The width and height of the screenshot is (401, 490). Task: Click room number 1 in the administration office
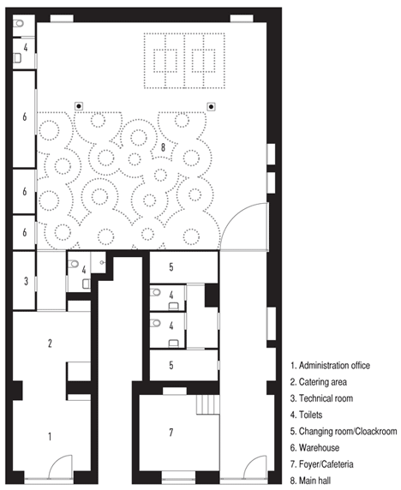click(50, 437)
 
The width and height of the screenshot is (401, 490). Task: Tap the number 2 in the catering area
click(50, 344)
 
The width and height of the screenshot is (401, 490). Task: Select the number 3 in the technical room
click(26, 281)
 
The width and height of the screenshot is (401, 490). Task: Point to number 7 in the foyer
click(171, 433)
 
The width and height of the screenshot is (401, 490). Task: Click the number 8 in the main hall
click(163, 147)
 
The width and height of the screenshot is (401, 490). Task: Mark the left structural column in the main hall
click(79, 106)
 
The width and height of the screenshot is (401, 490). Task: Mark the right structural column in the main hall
click(212, 107)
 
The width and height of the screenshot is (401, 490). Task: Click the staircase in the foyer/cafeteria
click(207, 404)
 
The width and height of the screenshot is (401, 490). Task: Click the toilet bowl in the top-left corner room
click(19, 23)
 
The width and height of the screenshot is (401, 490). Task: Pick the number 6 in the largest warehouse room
click(25, 117)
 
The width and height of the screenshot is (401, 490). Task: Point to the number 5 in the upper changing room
click(171, 267)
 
